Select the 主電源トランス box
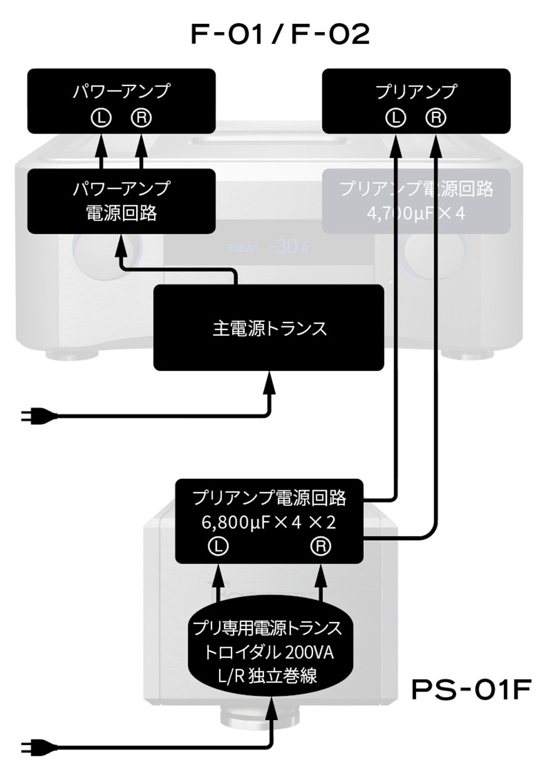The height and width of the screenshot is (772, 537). pyautogui.click(x=269, y=328)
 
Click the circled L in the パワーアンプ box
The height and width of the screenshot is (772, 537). pyautogui.click(x=101, y=117)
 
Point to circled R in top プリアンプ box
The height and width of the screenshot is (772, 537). pyautogui.click(x=435, y=117)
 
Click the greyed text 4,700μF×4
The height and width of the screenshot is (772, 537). pyautogui.click(x=417, y=213)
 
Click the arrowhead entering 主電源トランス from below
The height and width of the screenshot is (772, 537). pyautogui.click(x=269, y=380)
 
